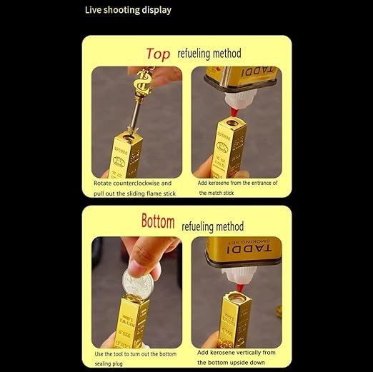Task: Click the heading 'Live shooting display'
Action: (x=128, y=10)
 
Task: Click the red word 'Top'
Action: (x=159, y=54)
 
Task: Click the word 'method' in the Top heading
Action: (x=227, y=54)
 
